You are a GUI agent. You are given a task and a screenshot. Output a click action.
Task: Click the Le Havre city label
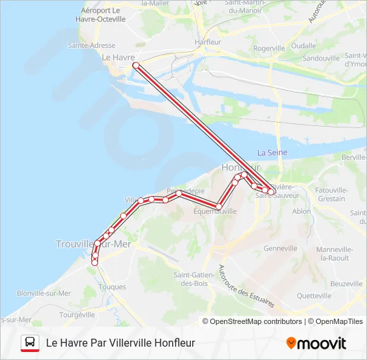tap(118, 57)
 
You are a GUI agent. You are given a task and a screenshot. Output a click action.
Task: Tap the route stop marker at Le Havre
tap(135, 65)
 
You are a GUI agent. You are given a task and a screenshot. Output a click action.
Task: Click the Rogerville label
tap(269, 48)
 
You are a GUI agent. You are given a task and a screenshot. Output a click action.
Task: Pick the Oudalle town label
tap(304, 45)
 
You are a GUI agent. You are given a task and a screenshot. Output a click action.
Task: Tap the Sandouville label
tap(322, 58)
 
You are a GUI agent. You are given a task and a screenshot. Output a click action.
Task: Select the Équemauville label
tap(215, 211)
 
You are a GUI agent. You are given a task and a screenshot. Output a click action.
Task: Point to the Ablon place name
tap(302, 211)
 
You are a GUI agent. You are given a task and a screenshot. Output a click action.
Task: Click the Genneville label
tap(280, 248)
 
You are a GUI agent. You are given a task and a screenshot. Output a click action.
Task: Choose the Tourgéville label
tap(77, 314)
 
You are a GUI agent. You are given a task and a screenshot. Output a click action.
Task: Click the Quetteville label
tap(314, 295)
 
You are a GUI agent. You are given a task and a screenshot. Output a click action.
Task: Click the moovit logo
tap(316, 343)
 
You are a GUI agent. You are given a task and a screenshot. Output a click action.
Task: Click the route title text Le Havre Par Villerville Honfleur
tap(120, 343)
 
